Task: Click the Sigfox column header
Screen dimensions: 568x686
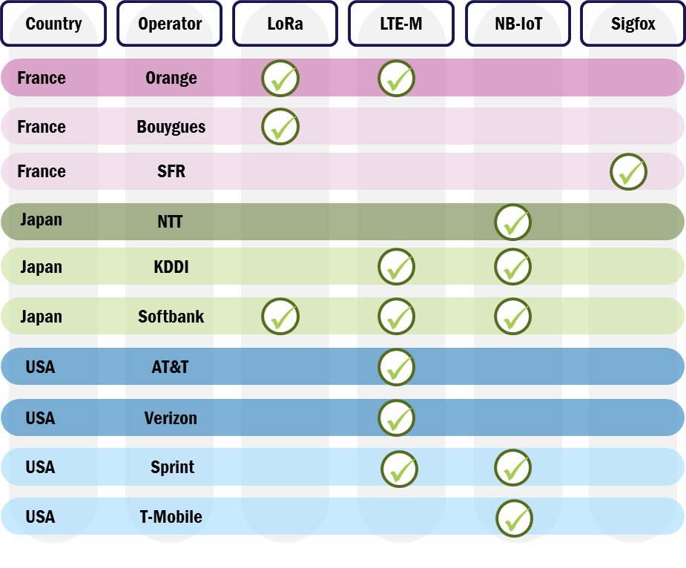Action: pyautogui.click(x=633, y=24)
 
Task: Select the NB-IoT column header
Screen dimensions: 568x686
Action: pyautogui.click(x=518, y=24)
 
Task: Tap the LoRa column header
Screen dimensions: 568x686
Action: pyautogui.click(x=285, y=24)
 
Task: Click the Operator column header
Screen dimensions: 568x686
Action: pyautogui.click(x=170, y=24)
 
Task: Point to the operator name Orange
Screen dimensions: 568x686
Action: pyautogui.click(x=171, y=78)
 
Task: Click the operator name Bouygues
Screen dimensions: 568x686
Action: pyautogui.click(x=171, y=127)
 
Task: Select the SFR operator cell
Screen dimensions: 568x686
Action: pyautogui.click(x=171, y=171)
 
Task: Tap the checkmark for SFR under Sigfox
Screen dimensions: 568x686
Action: pyautogui.click(x=629, y=172)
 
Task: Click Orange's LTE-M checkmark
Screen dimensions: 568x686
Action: pyautogui.click(x=397, y=79)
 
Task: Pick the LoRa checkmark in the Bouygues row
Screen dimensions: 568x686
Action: pyautogui.click(x=280, y=127)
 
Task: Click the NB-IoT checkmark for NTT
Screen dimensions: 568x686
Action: pyautogui.click(x=513, y=222)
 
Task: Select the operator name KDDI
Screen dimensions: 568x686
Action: pyautogui.click(x=171, y=267)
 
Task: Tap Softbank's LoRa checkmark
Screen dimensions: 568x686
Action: pyautogui.click(x=280, y=317)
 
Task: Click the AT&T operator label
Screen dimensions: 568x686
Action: pyautogui.click(x=170, y=367)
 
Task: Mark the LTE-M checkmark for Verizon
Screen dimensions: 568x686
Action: pyautogui.click(x=397, y=418)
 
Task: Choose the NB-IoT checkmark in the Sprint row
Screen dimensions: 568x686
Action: pyautogui.click(x=513, y=468)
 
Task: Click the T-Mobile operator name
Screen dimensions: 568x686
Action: pyautogui.click(x=171, y=517)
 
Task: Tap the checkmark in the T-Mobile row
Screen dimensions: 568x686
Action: pyautogui.click(x=515, y=518)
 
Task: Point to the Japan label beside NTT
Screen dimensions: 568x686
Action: pyautogui.click(x=42, y=220)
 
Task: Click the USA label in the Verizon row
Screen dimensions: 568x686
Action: pyautogui.click(x=40, y=418)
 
